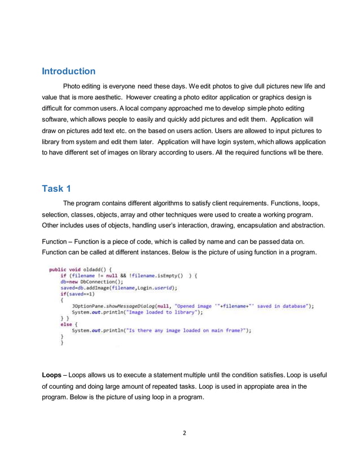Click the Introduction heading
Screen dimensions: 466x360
(x=69, y=72)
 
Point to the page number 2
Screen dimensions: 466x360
(x=183, y=433)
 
